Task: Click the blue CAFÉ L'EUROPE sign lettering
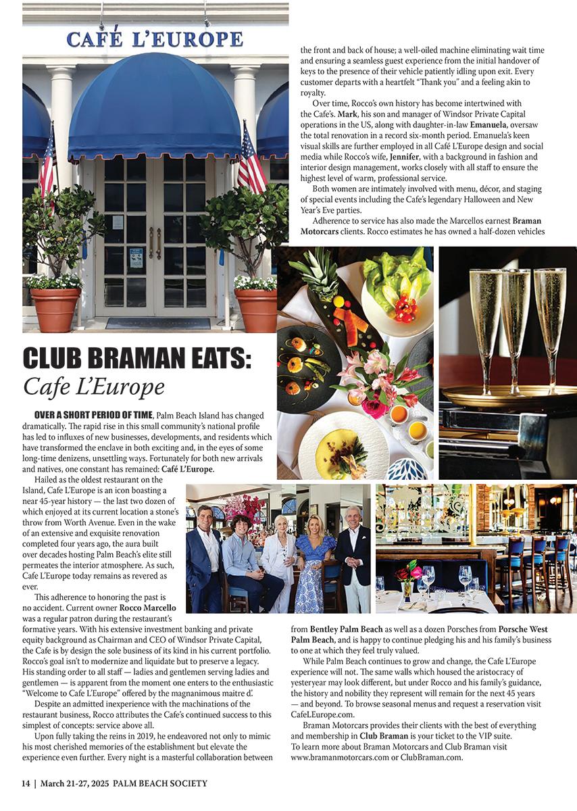(x=155, y=38)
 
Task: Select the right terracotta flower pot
(x=256, y=309)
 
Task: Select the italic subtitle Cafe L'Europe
(x=94, y=387)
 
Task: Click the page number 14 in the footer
(x=26, y=783)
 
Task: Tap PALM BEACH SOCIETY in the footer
(x=160, y=783)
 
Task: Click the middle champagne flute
(x=515, y=324)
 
